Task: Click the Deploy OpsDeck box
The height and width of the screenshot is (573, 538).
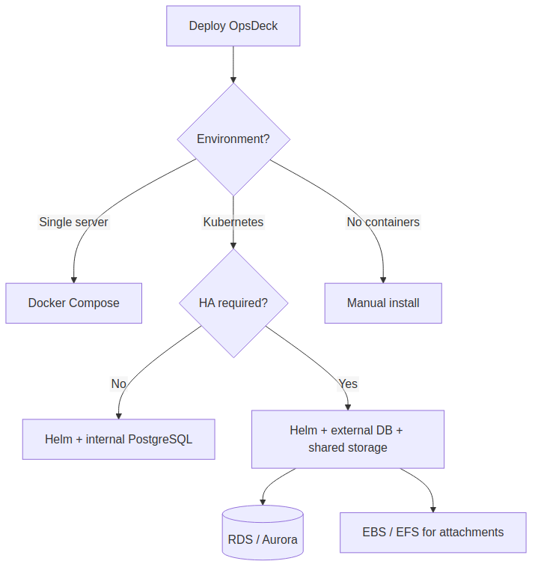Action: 233,26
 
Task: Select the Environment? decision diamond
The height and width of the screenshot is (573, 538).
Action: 233,139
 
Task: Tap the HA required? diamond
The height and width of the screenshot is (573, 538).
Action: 233,303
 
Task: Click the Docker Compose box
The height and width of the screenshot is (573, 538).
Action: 73,303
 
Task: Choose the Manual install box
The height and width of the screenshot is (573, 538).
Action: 383,303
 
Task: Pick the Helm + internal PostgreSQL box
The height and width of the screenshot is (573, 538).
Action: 118,440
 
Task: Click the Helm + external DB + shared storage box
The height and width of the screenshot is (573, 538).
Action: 347,440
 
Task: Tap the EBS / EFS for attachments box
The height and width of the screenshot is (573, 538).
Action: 432,533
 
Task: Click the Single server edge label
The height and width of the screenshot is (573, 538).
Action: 73,222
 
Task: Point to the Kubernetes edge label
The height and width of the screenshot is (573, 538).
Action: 233,222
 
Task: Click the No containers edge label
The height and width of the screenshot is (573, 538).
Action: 383,222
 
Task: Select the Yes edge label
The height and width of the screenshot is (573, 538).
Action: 348,384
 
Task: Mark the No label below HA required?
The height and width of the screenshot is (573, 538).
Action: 118,384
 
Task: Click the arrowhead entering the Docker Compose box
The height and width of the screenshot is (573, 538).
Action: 73,279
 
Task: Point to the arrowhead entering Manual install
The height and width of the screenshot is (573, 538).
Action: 383,279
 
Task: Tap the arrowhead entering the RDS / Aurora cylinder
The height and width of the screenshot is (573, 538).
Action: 263,501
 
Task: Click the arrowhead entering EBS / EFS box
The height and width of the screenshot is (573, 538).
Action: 433,509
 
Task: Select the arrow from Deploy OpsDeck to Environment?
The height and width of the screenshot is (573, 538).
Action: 233,64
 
